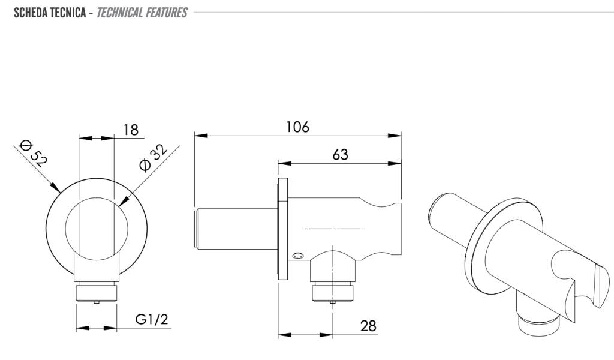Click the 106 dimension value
[297, 127]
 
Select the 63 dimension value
[340, 154]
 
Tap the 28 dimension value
[368, 326]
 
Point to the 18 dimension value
[131, 130]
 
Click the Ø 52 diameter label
[34, 152]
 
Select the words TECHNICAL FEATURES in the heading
[142, 13]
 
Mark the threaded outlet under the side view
[333, 293]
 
